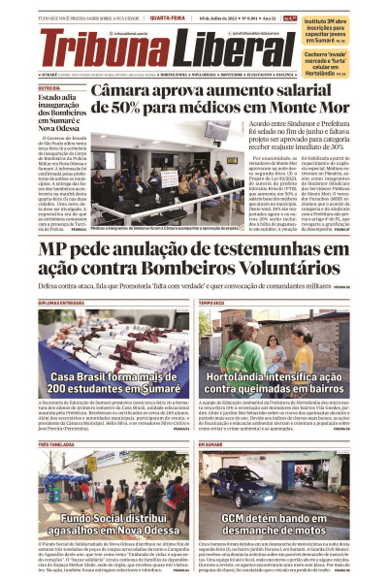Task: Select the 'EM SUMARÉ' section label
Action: [x=211, y=443]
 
